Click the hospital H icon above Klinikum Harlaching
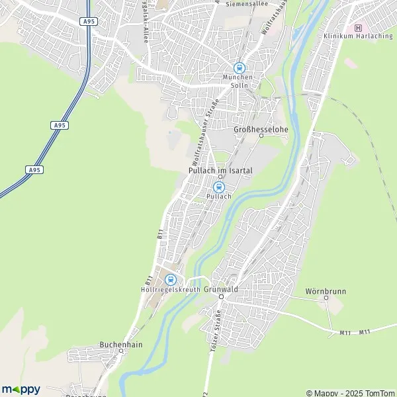359,27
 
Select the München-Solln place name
238,81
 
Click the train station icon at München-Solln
239,67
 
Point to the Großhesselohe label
261,129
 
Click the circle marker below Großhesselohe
261,136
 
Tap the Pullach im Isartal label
220,170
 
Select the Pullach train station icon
219,187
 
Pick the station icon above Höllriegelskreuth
171,280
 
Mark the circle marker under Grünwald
222,297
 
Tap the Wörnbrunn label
326,291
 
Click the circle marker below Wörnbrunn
326,298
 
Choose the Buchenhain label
121,344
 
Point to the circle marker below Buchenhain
121,351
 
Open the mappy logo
21,389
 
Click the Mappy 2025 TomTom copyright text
350,392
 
